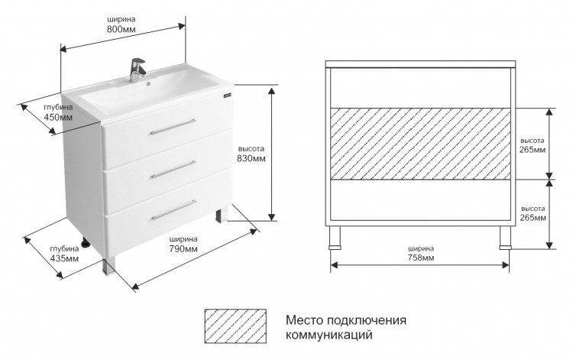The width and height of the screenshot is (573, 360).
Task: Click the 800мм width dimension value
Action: click(x=121, y=29)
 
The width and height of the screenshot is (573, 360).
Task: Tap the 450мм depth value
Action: click(x=58, y=117)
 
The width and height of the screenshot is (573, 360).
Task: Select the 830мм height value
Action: click(x=251, y=159)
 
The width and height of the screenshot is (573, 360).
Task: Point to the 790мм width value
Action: click(x=183, y=249)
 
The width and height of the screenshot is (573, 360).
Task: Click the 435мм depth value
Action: click(x=64, y=258)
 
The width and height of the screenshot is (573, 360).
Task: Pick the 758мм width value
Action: click(x=421, y=258)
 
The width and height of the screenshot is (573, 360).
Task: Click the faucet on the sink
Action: click(x=138, y=70)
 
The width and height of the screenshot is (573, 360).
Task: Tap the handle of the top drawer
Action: click(x=173, y=126)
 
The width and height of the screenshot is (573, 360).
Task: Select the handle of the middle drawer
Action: click(x=173, y=169)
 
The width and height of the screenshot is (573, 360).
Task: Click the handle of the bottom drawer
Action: click(x=174, y=209)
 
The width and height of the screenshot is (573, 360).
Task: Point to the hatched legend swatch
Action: click(x=235, y=326)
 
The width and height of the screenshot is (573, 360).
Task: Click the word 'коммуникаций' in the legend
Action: click(x=329, y=335)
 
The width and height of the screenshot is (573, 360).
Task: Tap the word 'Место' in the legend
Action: click(x=304, y=319)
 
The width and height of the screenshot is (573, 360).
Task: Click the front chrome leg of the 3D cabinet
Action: click(x=110, y=265)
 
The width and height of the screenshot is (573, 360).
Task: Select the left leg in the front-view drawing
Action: click(x=335, y=238)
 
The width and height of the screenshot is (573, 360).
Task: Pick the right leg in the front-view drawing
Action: click(x=506, y=238)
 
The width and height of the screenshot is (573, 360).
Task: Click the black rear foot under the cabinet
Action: click(x=86, y=243)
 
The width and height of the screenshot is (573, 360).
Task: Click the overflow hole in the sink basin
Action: click(x=149, y=83)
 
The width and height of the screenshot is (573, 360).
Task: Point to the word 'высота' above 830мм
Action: click(x=251, y=149)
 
